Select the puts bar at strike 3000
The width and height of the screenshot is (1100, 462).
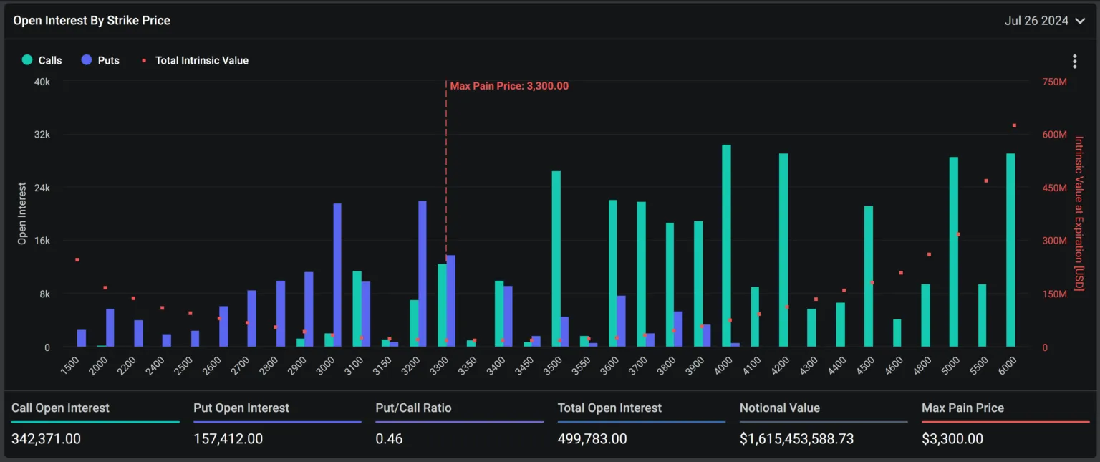[x=337, y=275]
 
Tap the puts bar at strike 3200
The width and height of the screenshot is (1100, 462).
[x=423, y=274]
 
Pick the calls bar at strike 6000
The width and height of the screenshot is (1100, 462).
[x=1010, y=250]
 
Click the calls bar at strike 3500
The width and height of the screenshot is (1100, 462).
[x=556, y=259]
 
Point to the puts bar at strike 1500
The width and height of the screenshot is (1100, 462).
[x=82, y=338]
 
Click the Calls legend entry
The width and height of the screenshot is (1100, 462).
[x=42, y=60]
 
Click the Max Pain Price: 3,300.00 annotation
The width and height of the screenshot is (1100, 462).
[x=509, y=86]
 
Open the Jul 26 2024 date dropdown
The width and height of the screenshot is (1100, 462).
[x=1045, y=21]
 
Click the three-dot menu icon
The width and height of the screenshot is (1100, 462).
[x=1074, y=62]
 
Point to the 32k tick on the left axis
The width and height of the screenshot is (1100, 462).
[x=42, y=135]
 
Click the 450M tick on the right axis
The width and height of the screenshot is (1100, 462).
[x=1054, y=188]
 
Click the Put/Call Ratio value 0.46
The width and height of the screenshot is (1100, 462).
[x=389, y=438]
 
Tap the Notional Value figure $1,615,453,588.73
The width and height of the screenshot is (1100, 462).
[x=796, y=438]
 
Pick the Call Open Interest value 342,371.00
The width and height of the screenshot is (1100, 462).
[x=46, y=438]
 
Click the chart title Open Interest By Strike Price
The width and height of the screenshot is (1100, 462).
[x=92, y=21]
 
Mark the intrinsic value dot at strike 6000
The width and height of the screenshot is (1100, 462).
[x=1014, y=125]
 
